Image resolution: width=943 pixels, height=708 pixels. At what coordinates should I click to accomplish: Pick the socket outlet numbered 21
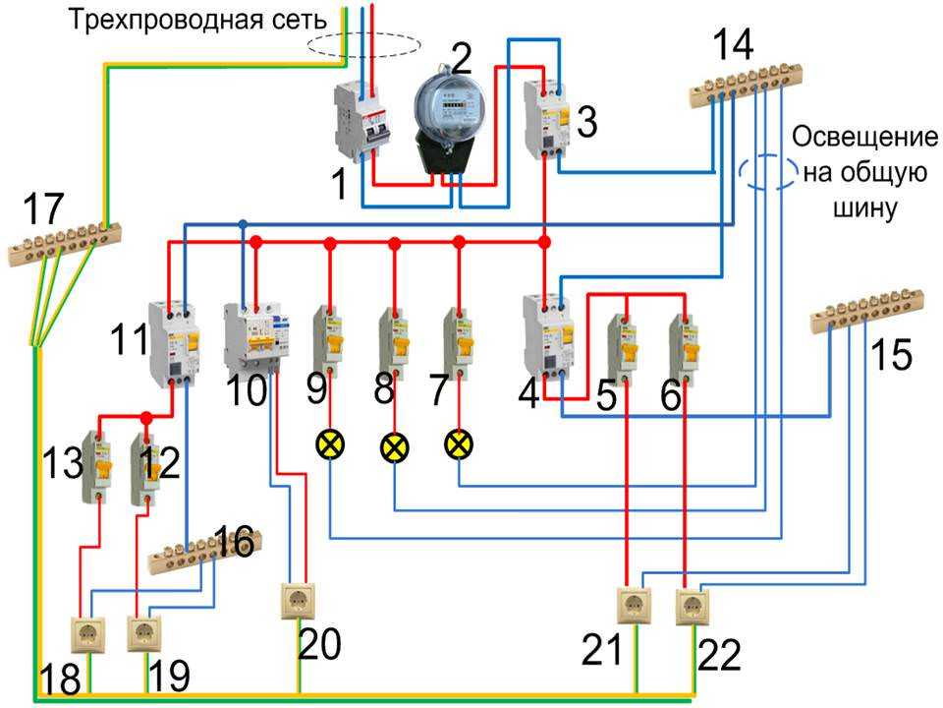634,603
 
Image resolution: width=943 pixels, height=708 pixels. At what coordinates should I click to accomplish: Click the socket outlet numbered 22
693,603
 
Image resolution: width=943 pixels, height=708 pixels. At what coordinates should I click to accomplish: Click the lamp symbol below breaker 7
457,444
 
